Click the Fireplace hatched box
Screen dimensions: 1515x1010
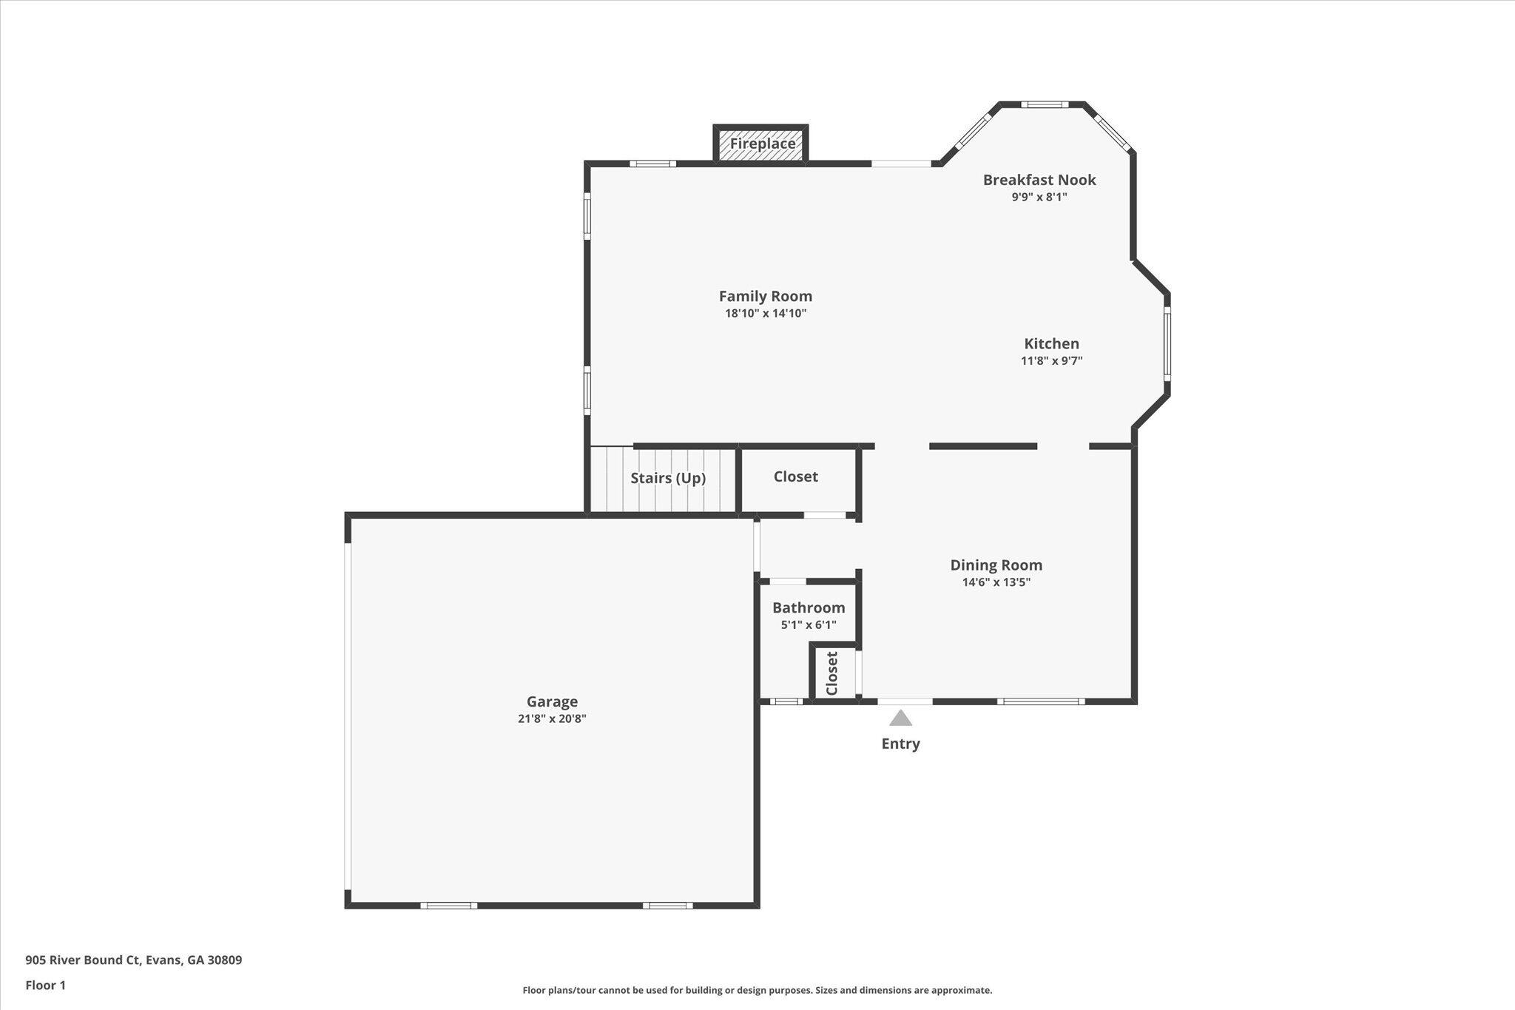point(760,144)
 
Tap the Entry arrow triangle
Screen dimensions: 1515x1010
point(900,718)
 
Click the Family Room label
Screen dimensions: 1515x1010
point(766,296)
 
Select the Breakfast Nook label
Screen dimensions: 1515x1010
point(1039,180)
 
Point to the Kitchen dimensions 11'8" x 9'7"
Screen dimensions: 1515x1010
point(1052,361)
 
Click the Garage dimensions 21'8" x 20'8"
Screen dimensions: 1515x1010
point(552,718)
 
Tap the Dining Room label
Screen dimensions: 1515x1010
point(996,565)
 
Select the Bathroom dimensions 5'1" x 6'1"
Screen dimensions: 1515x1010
point(809,625)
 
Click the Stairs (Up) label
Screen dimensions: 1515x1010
point(668,478)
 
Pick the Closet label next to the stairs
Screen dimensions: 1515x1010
point(796,477)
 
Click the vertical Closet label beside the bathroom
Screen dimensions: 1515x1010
point(831,673)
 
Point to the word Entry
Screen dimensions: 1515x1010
point(900,744)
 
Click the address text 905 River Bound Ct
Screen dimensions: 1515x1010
point(82,960)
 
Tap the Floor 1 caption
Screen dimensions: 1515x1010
point(46,986)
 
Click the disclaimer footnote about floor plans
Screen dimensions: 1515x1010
point(757,990)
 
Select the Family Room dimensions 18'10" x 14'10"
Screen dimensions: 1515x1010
point(766,314)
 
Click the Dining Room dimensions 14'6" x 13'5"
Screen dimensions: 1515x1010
point(996,582)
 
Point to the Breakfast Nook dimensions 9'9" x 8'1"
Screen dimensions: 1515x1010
point(1039,198)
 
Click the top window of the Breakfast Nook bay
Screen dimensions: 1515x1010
point(1045,104)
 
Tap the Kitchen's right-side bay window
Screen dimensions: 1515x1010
point(1167,344)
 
